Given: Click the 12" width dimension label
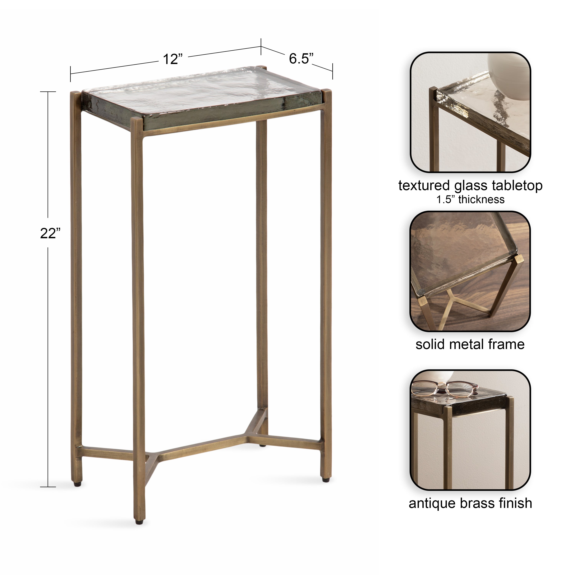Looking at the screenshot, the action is point(172,59).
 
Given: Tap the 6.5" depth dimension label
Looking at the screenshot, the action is point(301,59).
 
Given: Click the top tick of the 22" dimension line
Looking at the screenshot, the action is point(48,92).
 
